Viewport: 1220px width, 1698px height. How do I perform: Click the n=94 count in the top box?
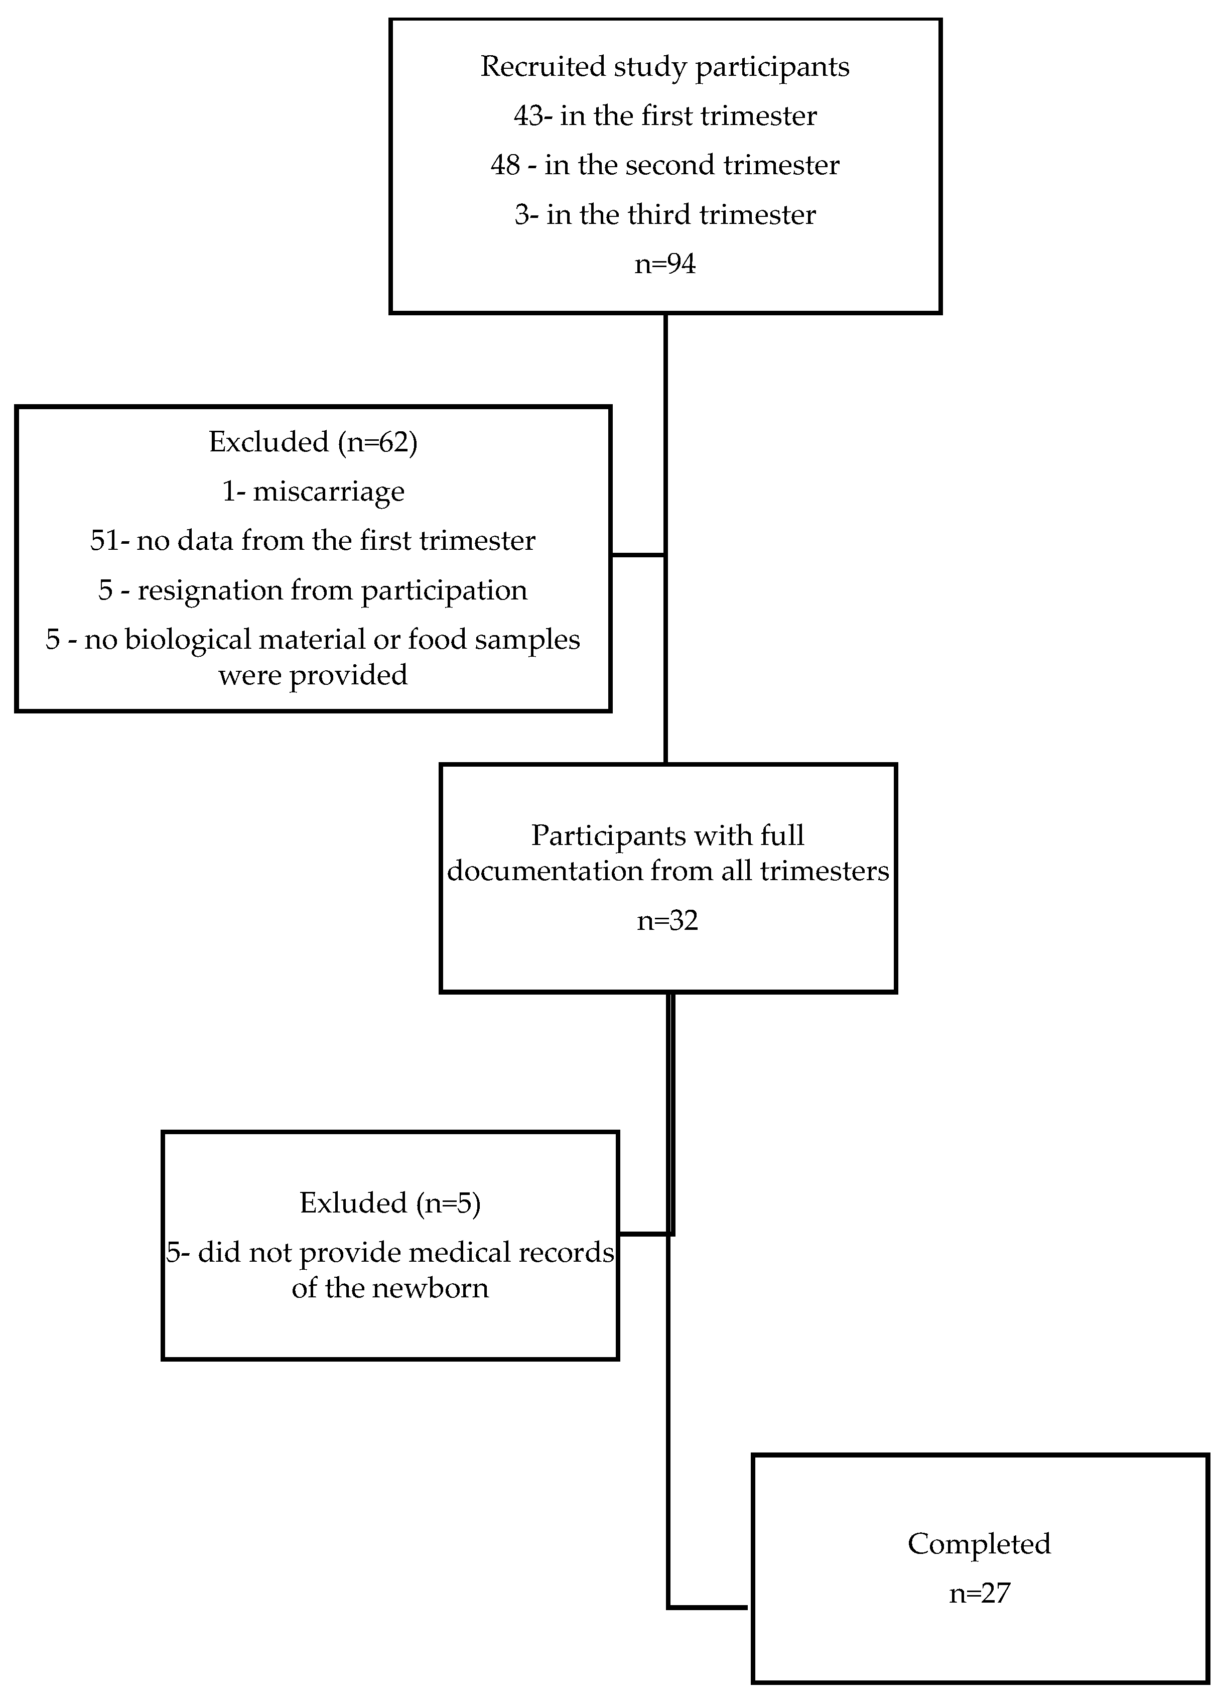pos(664,264)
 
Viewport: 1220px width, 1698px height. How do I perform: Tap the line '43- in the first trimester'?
pos(664,116)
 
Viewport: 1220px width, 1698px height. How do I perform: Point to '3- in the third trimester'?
pos(664,215)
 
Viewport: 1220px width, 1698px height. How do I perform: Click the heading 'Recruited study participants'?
pos(664,67)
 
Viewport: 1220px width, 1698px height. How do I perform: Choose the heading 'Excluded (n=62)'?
pos(313,442)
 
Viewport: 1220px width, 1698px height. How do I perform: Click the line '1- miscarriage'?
pos(313,491)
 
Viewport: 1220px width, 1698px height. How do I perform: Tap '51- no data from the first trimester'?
pos(313,541)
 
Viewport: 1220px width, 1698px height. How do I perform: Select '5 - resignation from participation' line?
pos(313,590)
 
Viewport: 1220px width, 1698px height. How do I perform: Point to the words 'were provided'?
pos(313,675)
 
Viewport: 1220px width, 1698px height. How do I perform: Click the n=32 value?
pos(667,920)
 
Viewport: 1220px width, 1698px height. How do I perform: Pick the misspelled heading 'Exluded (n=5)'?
pos(390,1203)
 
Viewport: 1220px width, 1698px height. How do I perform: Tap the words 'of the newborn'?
pos(390,1288)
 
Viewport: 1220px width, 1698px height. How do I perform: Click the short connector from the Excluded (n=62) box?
pos(638,555)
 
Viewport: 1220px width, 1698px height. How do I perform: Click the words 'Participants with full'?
pos(667,835)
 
